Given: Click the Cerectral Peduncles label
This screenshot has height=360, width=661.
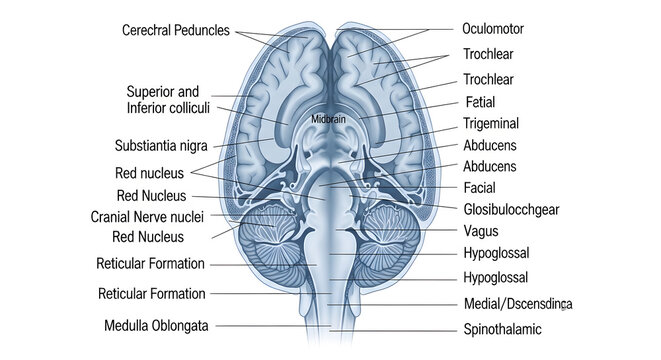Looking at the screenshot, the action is tap(176, 31).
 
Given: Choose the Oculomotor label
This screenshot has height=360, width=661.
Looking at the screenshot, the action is tap(493, 29).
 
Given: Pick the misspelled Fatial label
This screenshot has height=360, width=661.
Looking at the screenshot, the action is tap(480, 102).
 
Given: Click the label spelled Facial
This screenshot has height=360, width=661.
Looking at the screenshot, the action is tap(480, 187).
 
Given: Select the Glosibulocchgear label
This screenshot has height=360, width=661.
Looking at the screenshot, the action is tap(510, 209).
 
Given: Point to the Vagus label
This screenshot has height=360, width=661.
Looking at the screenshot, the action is tap(481, 231).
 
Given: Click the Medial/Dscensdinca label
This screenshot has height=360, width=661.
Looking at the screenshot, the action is tap(519, 303).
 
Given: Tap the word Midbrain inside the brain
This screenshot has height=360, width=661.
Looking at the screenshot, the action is tap(329, 119).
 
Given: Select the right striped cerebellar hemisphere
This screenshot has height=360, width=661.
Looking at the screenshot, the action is tap(386, 245).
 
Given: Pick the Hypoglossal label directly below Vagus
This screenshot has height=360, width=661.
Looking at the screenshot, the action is tap(496, 253).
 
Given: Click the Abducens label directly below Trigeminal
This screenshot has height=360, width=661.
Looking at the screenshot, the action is tap(489, 145).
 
